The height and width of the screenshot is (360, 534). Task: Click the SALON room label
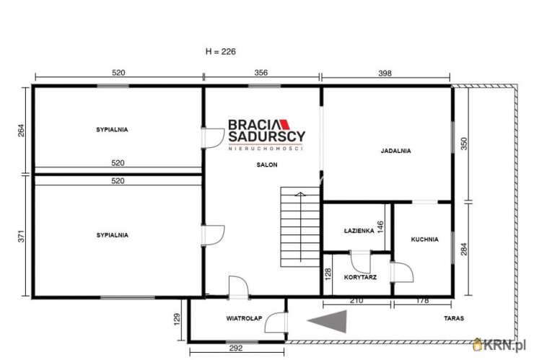(x=267, y=164)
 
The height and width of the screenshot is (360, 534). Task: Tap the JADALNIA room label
(x=395, y=151)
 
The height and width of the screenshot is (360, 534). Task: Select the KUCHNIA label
(x=425, y=240)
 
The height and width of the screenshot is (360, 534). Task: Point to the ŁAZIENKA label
(x=359, y=231)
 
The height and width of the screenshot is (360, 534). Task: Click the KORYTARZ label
(x=360, y=277)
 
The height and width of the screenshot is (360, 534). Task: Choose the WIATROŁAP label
(x=244, y=318)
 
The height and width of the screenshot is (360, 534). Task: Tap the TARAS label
(x=454, y=318)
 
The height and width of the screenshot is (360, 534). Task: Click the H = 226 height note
(x=221, y=51)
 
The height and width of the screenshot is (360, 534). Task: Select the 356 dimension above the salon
(x=261, y=73)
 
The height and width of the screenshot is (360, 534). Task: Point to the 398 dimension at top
(x=385, y=73)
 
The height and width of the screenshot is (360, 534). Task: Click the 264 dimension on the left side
(x=21, y=131)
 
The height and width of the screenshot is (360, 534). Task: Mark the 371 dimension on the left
(x=21, y=237)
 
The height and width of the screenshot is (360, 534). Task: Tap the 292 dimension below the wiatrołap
(x=236, y=348)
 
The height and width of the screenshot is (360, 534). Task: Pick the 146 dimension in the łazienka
(x=380, y=227)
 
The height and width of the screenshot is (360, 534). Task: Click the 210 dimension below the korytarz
(x=356, y=300)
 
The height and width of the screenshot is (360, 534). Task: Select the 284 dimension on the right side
(x=463, y=249)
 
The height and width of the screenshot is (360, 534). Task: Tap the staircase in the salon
(x=300, y=227)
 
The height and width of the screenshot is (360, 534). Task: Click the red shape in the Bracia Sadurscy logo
(x=285, y=124)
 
